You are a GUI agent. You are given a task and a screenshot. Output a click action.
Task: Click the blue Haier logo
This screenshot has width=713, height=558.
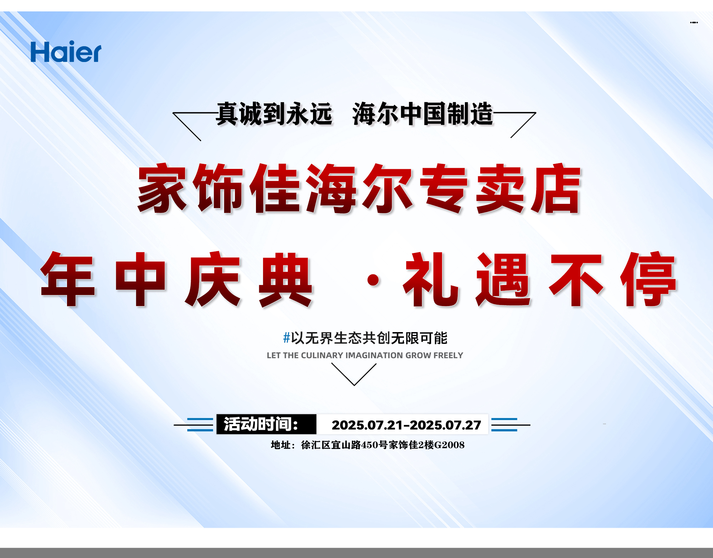66,52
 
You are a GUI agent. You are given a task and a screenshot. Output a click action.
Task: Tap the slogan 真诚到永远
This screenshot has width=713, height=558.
274,114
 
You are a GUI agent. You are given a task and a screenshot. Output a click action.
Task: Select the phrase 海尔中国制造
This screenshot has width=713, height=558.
423,114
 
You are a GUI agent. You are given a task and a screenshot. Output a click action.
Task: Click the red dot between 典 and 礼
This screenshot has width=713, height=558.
373,280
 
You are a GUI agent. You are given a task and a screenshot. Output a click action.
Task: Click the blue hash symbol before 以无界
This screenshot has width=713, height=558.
287,337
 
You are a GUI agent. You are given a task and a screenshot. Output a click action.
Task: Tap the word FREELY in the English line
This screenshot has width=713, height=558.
448,355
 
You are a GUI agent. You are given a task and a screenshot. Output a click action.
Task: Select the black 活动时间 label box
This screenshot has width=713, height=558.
266,424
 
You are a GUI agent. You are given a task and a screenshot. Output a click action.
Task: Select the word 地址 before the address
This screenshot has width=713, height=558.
281,445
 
